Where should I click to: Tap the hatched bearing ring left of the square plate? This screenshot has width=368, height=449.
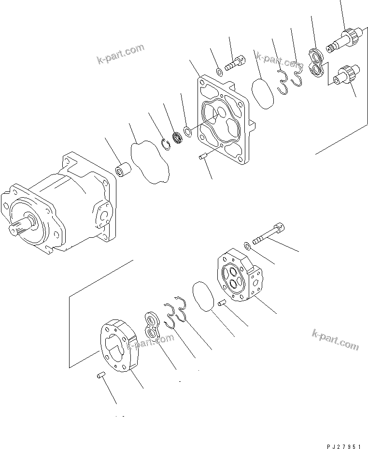(177, 138)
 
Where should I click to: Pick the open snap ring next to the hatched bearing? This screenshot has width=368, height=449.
(165, 144)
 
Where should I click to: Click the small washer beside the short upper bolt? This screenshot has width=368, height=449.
(219, 72)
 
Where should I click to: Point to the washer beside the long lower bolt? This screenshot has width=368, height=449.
(247, 246)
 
